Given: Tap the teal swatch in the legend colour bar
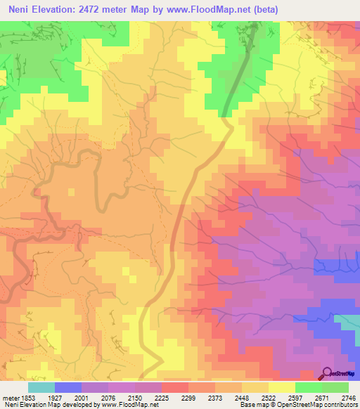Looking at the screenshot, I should (41, 387).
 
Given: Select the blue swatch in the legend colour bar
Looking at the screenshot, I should (68, 387).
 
